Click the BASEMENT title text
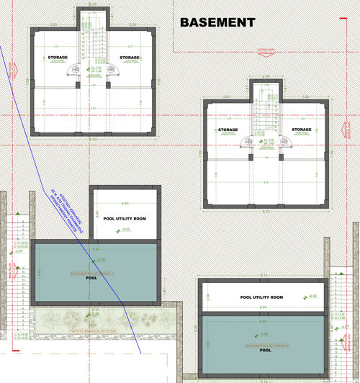coord(217,22)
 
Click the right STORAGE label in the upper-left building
coord(130,58)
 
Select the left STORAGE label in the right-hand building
coord(228,130)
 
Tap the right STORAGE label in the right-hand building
coord(302,130)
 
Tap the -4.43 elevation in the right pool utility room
coord(312,296)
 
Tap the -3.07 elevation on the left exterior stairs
coord(19,251)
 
